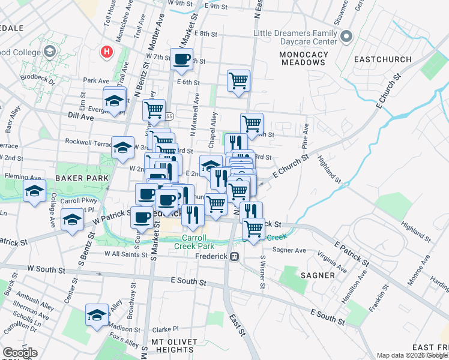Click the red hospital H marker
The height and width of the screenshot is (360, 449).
[107, 52]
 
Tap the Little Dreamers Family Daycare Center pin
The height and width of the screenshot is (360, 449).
[346, 37]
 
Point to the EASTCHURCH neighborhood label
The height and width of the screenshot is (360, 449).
[383, 59]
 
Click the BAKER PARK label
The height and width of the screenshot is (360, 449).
[82, 178]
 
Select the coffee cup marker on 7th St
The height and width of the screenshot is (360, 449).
[182, 59]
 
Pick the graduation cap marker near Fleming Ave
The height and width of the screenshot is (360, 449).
[35, 192]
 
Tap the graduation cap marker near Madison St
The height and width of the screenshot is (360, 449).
[97, 315]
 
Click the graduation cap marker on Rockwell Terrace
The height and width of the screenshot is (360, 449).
[122, 148]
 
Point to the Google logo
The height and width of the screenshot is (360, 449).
[19, 353]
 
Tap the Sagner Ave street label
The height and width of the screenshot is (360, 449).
[289, 250]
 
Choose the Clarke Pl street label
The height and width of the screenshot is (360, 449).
[166, 329]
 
